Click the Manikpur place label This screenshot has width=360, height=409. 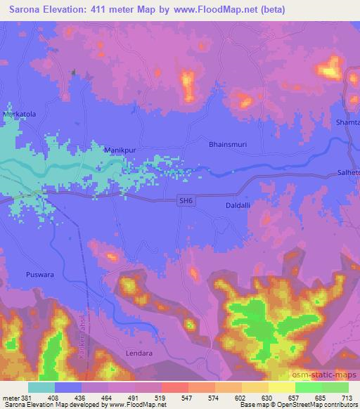(x=119, y=150)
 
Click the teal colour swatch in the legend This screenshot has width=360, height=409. (x=41, y=387)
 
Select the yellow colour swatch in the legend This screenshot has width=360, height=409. (x=282, y=387)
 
